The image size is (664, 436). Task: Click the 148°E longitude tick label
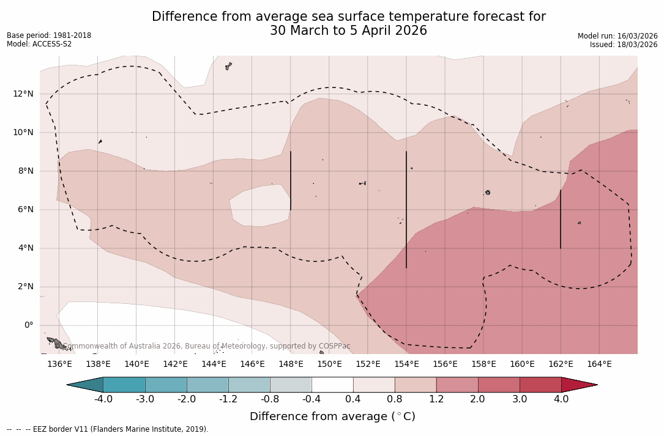coord(291,364)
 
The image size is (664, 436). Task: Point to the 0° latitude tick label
coord(29,325)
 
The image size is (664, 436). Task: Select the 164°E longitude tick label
coord(599,364)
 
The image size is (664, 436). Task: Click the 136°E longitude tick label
coord(59,364)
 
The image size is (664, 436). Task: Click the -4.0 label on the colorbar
coord(103,399)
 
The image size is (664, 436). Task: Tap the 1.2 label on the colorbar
coord(436,399)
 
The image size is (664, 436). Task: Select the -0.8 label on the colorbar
coord(270,399)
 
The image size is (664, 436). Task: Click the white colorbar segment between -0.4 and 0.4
coord(332,385)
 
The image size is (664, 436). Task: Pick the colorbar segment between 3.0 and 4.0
coord(540,385)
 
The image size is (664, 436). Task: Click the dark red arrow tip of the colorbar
coord(578,385)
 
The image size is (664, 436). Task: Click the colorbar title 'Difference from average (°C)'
coord(332,416)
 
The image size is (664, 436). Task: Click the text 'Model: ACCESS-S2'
coord(39,44)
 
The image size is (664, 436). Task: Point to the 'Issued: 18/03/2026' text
coord(624,45)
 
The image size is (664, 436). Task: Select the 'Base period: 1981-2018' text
coord(49,35)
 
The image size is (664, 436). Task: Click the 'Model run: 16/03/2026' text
coord(617,36)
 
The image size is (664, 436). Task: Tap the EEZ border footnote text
coord(108,429)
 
